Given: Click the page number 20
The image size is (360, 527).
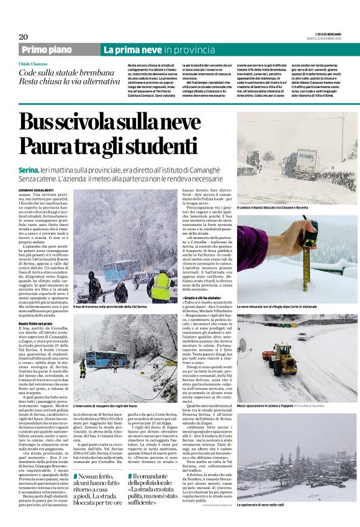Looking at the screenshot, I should click(24, 37).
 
